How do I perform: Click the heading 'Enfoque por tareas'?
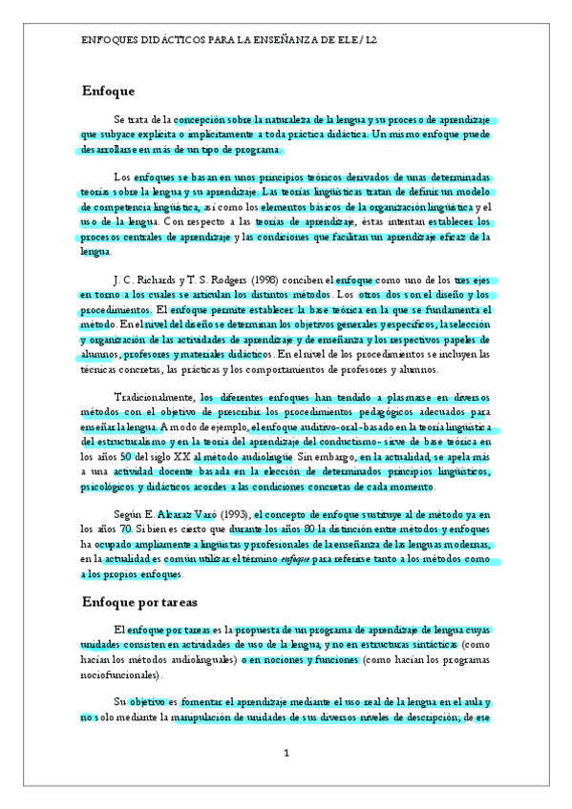point(139,602)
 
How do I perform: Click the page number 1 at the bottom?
point(286,754)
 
